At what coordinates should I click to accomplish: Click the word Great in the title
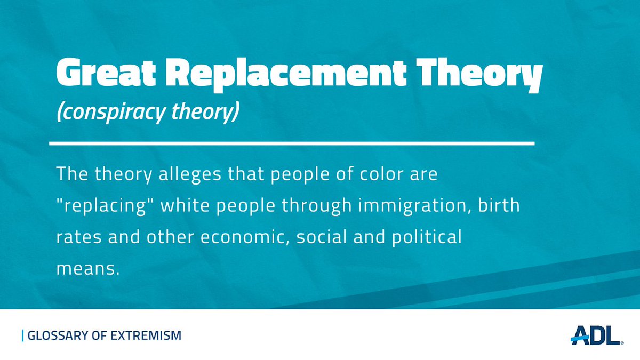click(x=106, y=71)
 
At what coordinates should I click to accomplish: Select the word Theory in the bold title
click(x=479, y=75)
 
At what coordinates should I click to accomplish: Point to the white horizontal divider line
click(x=292, y=143)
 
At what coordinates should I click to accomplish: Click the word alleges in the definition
click(x=190, y=174)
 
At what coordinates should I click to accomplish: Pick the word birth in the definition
click(x=499, y=205)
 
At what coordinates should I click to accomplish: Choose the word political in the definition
click(x=427, y=238)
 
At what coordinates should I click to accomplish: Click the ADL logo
click(x=597, y=335)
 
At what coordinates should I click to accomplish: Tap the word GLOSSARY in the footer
click(x=58, y=335)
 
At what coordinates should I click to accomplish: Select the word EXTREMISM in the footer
click(x=146, y=335)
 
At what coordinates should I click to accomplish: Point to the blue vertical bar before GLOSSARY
click(x=22, y=335)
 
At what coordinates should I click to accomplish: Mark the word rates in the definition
click(x=79, y=237)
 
